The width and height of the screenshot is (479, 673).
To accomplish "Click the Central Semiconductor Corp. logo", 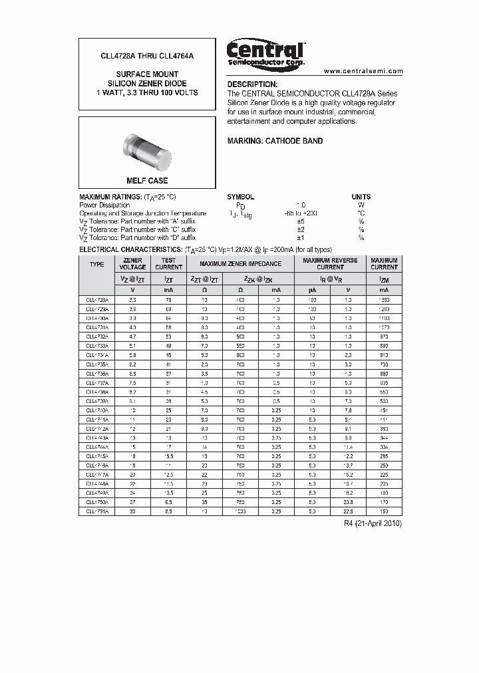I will [x=266, y=53].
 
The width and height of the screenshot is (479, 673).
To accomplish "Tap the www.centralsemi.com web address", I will [x=363, y=70].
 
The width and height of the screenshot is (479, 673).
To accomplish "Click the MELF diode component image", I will [x=147, y=150].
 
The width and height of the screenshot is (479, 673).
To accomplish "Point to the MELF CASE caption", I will [x=147, y=181].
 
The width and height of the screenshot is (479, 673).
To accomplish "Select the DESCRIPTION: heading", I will [x=252, y=84].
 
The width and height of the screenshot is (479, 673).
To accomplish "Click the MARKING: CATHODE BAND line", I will [x=275, y=141].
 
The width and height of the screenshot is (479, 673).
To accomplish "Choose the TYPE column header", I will [x=96, y=264].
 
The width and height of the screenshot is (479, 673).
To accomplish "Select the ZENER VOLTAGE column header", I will [x=132, y=264].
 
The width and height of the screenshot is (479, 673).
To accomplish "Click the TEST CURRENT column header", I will [x=168, y=264].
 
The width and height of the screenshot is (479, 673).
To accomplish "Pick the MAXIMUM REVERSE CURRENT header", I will [x=330, y=264].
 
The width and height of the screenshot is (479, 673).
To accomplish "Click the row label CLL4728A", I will [x=97, y=300].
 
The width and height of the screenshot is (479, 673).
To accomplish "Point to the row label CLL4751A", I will [x=97, y=511].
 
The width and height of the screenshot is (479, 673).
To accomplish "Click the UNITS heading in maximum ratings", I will [x=361, y=197].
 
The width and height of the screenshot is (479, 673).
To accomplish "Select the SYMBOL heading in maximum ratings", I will [x=241, y=197].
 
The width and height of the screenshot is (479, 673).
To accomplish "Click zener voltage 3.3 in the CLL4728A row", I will [x=132, y=300].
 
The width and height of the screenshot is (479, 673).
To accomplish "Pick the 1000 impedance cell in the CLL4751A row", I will [x=239, y=511].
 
